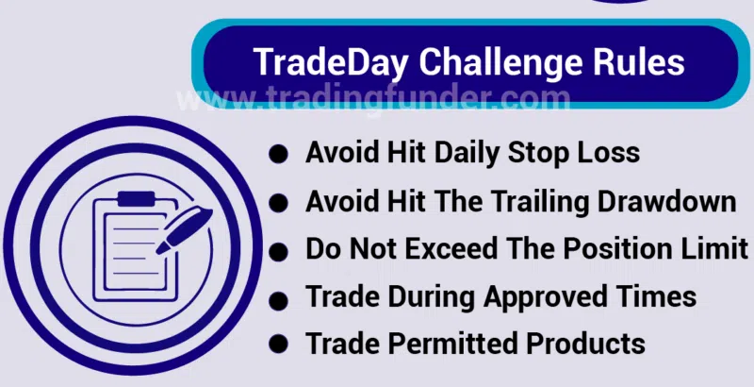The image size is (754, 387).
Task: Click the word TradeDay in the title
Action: [x=331, y=62]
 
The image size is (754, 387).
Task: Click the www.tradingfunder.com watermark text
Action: [x=373, y=100]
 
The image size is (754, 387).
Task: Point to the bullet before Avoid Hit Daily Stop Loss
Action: [x=278, y=155]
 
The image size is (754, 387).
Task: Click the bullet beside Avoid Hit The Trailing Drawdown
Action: [x=278, y=203]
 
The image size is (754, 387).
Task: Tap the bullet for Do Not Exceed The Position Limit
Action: [x=278, y=252]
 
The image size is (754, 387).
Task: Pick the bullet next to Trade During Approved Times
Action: [x=278, y=301]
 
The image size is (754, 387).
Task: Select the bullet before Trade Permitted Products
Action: [x=278, y=345]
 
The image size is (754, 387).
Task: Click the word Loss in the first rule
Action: [x=611, y=153]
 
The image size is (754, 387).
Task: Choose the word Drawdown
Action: [x=666, y=201]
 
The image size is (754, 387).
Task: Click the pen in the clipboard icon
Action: [x=184, y=230]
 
